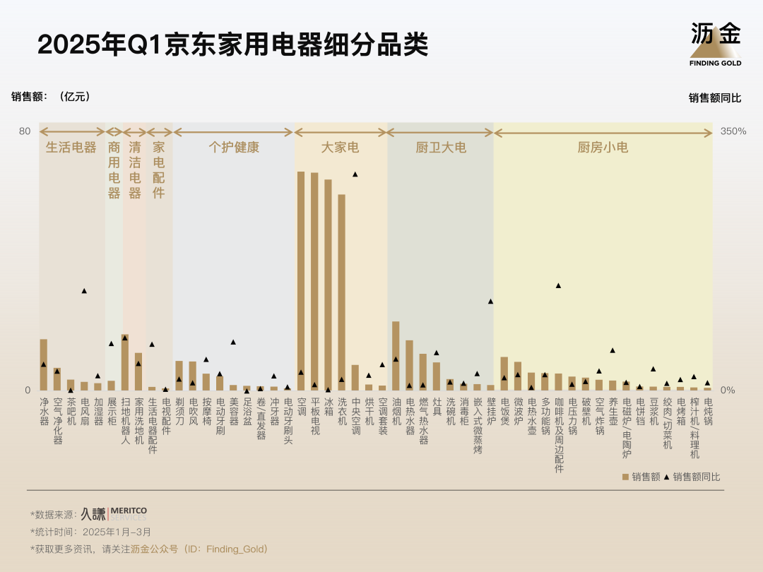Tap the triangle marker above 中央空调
click(355, 174)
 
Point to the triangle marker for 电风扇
click(84, 291)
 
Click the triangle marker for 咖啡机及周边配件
click(558, 286)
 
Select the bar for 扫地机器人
click(125, 362)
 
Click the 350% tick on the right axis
click(733, 131)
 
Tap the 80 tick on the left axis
click(25, 131)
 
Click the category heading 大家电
click(341, 148)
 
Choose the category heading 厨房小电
click(603, 148)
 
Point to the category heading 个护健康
click(234, 148)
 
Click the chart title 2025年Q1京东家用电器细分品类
click(232, 44)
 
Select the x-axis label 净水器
click(44, 410)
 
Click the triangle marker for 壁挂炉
click(490, 302)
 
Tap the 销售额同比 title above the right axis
click(714, 98)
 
